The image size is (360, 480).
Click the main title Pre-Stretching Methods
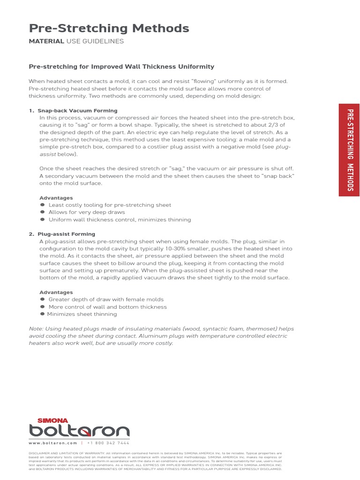(109, 29)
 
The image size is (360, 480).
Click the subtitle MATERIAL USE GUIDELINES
(76, 42)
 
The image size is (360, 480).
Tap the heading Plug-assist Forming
(67, 234)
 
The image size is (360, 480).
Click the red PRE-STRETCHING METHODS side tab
(349, 150)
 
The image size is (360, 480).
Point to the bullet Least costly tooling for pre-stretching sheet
(110, 205)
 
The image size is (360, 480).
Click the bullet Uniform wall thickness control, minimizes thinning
(120, 220)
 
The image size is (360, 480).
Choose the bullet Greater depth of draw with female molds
(106, 300)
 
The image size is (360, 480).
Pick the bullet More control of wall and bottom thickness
(107, 307)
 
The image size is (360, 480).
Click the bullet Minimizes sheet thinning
(82, 314)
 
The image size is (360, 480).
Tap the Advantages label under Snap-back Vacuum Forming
(56, 198)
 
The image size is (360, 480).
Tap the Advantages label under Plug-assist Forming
(56, 292)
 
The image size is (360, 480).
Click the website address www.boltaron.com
(52, 443)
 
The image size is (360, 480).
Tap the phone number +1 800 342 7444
(108, 443)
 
